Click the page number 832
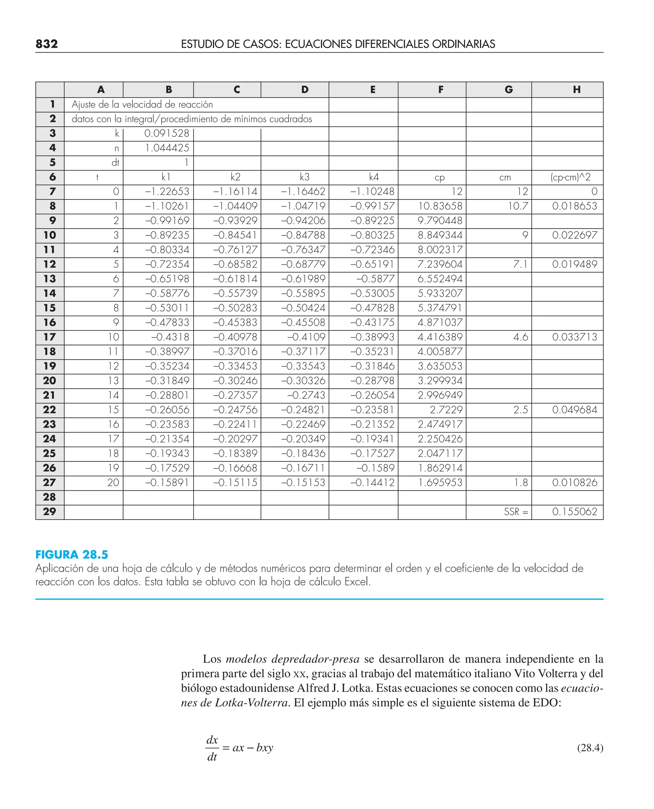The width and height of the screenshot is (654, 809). [x=47, y=44]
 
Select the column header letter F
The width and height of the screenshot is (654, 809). [x=440, y=90]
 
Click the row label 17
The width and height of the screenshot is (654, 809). [x=49, y=337]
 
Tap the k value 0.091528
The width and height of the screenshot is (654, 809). [x=166, y=133]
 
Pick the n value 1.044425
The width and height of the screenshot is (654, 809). [x=167, y=148]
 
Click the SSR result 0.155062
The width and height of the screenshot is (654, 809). [x=574, y=512]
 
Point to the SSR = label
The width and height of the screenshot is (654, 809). [x=516, y=512]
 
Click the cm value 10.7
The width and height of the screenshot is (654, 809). [x=518, y=206]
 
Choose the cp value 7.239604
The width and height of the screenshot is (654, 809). [x=440, y=264]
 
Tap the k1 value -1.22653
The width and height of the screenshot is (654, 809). [x=167, y=191]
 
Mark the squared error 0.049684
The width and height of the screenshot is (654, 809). [x=574, y=410]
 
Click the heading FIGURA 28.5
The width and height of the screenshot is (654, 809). [x=72, y=555]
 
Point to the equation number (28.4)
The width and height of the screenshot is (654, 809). [x=590, y=748]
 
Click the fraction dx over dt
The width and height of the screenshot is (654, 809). [x=212, y=748]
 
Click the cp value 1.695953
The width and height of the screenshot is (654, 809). [x=440, y=483]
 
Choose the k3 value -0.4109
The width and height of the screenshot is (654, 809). [x=306, y=337]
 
